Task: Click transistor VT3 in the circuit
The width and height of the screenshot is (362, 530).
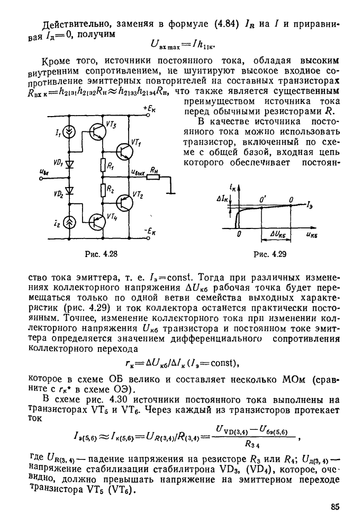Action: (97, 131)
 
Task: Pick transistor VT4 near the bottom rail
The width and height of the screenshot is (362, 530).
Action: (97, 222)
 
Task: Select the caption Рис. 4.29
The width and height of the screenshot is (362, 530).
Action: (270, 254)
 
